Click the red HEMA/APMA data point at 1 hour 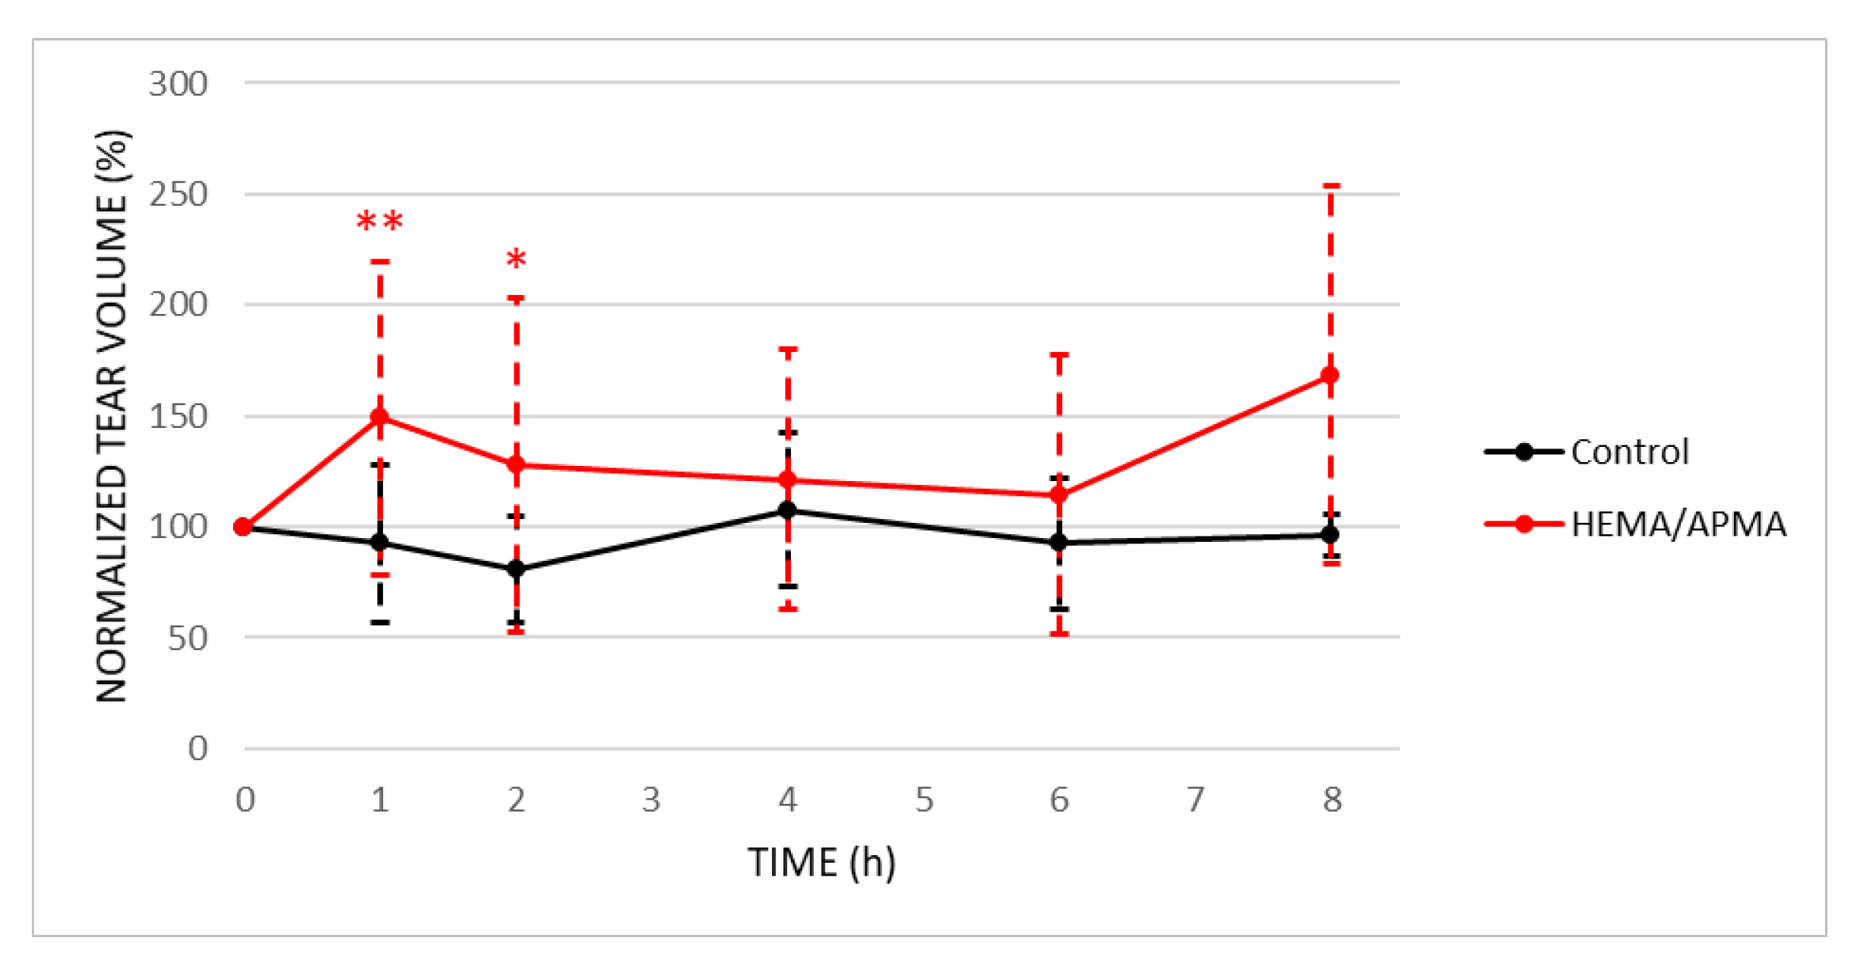coord(379,416)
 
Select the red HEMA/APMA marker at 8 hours coord(1330,375)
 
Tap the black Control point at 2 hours coord(516,569)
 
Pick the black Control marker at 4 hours coord(788,510)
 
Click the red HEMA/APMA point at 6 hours coord(1058,495)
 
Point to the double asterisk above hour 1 coord(379,222)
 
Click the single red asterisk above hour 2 coord(516,260)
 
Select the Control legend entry coord(1588,451)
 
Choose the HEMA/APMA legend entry coord(1634,524)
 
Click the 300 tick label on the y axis coord(178,84)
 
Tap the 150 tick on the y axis coord(178,416)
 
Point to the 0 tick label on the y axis coord(198,749)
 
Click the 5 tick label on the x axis coord(924,800)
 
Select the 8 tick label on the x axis coord(1331,800)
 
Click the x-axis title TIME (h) coord(821,862)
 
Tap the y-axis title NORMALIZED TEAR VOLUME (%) coord(112,416)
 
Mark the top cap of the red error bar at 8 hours coord(1330,185)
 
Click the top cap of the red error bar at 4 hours coord(788,350)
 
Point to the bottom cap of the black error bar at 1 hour coord(380,622)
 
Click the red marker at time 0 coord(243,527)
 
